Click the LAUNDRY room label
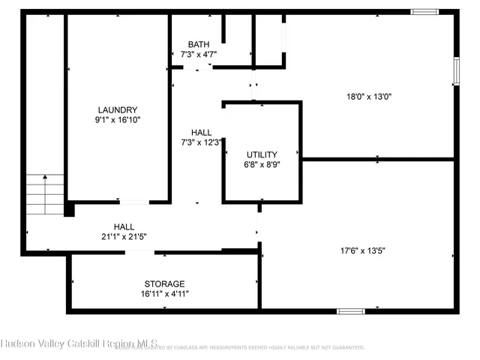coord(118,109)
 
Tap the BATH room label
coord(199,44)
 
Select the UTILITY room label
coord(262,154)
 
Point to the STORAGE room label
coord(164,283)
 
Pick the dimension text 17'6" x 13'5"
coord(362,251)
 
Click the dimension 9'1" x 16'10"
coord(118,119)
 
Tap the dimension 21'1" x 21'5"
coord(124,236)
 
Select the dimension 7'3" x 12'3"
coord(200,142)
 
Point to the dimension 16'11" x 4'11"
coord(164,293)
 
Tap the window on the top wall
coord(424,11)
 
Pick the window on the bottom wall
coord(350,311)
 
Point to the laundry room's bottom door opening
coord(133,202)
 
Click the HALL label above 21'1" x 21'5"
coord(124,226)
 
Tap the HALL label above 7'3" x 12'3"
coord(200,132)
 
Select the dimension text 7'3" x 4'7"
coord(199,54)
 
